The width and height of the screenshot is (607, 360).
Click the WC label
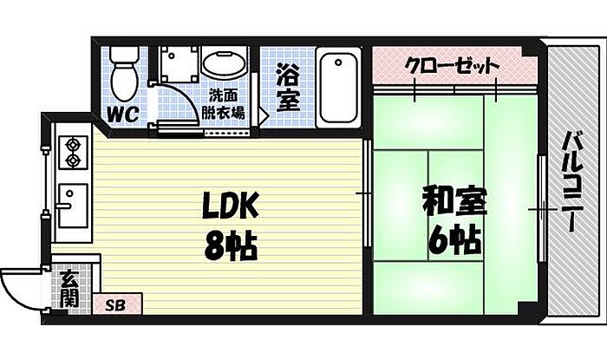(123, 115)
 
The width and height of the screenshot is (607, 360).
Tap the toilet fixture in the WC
(123, 75)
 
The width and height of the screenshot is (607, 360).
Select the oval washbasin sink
(224, 66)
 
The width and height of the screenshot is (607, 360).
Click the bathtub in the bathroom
(339, 88)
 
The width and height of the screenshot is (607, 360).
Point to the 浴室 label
(288, 88)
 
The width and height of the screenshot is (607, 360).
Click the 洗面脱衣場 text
(223, 104)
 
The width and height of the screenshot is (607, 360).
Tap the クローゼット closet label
(452, 66)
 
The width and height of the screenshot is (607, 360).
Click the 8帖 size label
(231, 245)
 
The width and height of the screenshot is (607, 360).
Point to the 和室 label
(454, 201)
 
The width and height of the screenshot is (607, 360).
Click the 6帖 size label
(454, 239)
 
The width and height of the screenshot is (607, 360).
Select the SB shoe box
(117, 304)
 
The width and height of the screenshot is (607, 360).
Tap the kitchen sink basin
(73, 206)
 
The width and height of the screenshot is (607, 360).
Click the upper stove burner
(72, 145)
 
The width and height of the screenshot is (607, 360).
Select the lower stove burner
(72, 160)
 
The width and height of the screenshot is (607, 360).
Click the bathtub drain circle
(338, 62)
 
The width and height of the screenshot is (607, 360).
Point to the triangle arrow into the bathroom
(264, 115)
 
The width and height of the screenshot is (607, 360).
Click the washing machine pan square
(179, 64)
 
